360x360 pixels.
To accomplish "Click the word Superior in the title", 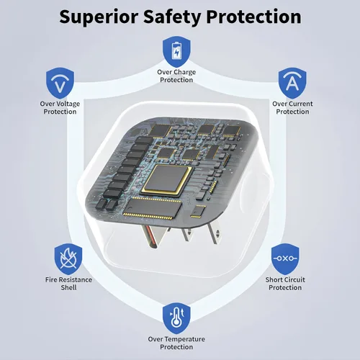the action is tap(99, 17).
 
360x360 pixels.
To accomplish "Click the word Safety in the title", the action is tap(172, 17).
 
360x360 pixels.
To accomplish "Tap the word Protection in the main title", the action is tap(253, 17).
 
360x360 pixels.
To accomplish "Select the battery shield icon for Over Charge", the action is tap(176, 52).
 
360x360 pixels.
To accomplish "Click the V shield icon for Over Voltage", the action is tap(60, 83).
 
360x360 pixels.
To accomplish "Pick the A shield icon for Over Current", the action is tap(292, 83).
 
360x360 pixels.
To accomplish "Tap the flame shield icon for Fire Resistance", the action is tap(68, 259).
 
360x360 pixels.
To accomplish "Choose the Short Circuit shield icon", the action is tap(285, 259).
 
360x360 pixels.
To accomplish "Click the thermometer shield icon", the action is tap(176, 318).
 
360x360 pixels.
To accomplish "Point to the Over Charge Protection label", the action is tap(176, 76).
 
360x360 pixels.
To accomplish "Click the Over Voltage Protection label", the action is tap(60, 107).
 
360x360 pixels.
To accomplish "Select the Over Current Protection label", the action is tap(292, 107).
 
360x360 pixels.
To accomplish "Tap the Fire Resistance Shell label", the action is tap(68, 284).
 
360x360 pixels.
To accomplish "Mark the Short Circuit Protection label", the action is tap(285, 284).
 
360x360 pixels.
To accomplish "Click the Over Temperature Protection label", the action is tap(176, 343).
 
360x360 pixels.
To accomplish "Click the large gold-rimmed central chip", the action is tap(166, 180).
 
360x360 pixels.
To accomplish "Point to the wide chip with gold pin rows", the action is tap(152, 208).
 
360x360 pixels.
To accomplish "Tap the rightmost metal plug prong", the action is tap(214, 233).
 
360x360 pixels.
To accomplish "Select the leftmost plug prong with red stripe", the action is tap(151, 236).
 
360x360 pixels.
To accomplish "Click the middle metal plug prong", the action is tap(187, 234).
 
